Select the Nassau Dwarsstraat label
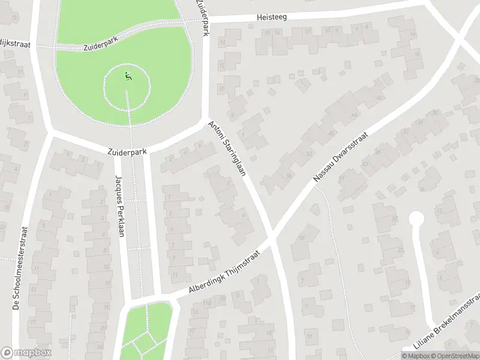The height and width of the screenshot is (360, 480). pyautogui.click(x=340, y=157)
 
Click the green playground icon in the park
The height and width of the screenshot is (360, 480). pyautogui.click(x=127, y=76)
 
